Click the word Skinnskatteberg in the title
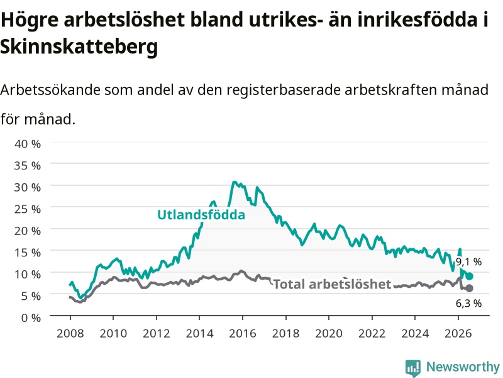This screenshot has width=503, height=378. pos(79,47)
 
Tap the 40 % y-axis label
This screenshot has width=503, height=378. pos(28,144)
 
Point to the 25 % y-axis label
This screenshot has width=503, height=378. pos(28,209)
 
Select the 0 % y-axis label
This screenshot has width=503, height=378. pos(31,318)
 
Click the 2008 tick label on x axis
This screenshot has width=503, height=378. pos(70,333)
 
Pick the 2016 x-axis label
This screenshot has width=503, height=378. pos(243,333)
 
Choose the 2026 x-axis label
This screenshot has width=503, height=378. pos(458,333)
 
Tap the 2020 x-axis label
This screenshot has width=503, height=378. pos(329,333)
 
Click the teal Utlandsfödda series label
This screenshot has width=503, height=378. pos(201,215)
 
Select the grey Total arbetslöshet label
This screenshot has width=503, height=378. pos(333,284)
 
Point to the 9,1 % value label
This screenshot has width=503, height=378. pos(468,262)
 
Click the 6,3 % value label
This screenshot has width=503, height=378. pos(468,303)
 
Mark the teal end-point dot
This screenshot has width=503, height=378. pos(469,277)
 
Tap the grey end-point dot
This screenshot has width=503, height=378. pos(469,289)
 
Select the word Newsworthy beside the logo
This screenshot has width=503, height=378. pos(463,367)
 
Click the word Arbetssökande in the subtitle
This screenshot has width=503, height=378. pos(50,89)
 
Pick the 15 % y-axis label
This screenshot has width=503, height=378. pos(28,253)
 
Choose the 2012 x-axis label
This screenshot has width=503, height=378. pos(156,333)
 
